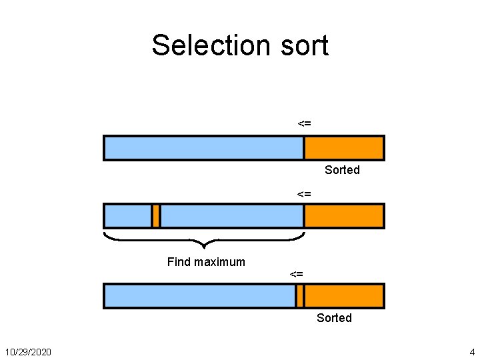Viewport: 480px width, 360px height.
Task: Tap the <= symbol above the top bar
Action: (304, 123)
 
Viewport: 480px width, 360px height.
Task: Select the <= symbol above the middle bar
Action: (304, 194)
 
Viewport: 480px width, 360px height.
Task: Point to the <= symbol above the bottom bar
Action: (297, 274)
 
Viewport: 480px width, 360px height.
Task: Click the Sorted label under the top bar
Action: (342, 170)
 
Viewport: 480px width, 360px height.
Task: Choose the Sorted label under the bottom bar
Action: (334, 318)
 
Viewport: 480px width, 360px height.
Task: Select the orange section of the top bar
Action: (344, 148)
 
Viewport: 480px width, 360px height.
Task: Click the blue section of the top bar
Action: (204, 148)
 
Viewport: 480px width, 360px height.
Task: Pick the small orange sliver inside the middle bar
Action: (156, 216)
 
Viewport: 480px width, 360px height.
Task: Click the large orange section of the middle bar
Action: (344, 216)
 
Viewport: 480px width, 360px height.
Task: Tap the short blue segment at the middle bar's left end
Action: (128, 216)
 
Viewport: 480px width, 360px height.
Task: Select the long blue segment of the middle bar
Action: (232, 216)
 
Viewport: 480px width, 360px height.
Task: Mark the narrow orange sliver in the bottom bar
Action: (300, 296)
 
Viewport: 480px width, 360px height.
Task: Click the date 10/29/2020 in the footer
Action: (29, 351)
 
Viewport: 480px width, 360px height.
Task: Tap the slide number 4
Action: (472, 351)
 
